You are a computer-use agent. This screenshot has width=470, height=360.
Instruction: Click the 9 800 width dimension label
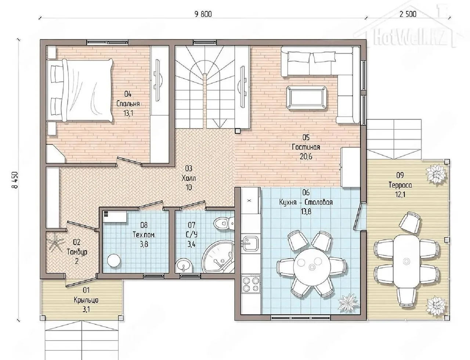203,14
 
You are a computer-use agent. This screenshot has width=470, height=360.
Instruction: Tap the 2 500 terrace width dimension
408,14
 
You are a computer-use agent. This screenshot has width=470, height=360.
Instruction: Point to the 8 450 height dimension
15,180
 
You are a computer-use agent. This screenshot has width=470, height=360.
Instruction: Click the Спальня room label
128,104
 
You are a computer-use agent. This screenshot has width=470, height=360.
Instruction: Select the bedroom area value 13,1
128,113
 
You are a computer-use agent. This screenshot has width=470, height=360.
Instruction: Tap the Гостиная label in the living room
306,147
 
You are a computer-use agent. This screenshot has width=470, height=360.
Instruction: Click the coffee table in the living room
306,98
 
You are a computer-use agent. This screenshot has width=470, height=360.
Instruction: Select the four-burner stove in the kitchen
251,284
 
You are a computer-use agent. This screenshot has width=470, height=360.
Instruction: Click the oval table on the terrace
406,261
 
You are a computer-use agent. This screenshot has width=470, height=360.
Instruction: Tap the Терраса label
400,185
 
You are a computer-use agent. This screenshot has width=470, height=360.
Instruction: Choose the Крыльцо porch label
86,300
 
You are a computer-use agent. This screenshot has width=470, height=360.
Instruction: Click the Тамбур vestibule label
77,252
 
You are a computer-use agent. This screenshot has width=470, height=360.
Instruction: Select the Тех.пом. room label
144,235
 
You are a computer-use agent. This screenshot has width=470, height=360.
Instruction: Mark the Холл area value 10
189,188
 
